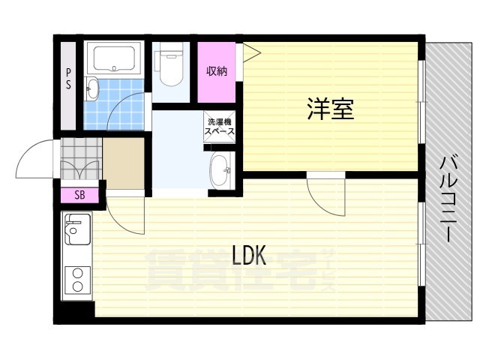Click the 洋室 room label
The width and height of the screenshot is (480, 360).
tap(331, 109)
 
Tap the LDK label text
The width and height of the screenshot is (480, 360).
tap(249, 255)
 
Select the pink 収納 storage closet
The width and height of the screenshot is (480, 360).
tap(217, 72)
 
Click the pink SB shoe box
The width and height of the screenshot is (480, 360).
tap(79, 195)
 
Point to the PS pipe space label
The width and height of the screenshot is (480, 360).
tap(68, 78)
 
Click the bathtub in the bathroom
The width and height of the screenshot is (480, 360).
tap(114, 58)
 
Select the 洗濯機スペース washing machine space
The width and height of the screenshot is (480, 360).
tap(220, 127)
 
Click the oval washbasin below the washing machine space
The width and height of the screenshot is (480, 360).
tap(221, 170)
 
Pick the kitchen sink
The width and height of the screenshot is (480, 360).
tap(77, 229)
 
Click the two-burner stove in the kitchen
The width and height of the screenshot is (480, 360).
tap(77, 280)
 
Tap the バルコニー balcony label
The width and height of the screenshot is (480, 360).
tap(448, 199)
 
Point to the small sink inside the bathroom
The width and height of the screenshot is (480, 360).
tap(92, 88)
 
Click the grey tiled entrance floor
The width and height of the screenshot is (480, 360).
tap(81, 158)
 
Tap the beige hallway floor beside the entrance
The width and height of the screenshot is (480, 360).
tap(123, 163)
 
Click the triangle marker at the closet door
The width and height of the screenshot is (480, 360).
tap(252, 53)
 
